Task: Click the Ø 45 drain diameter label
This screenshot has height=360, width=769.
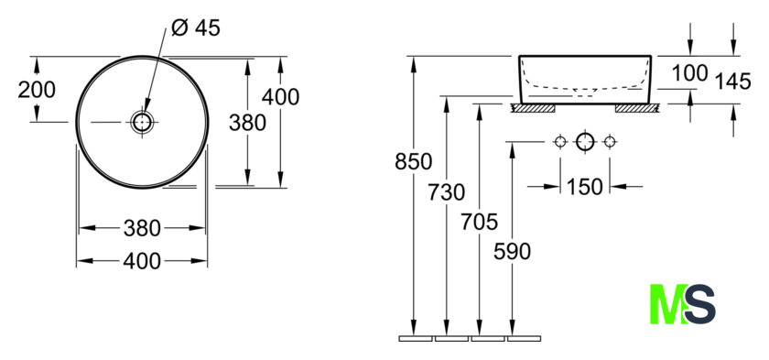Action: (x=196, y=28)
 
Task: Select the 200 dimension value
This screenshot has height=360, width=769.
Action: (x=37, y=90)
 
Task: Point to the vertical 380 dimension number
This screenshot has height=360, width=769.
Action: (x=248, y=123)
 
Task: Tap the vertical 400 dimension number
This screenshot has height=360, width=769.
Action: (x=280, y=96)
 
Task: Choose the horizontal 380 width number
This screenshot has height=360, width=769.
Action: (x=142, y=228)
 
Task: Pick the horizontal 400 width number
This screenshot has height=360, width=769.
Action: (x=142, y=261)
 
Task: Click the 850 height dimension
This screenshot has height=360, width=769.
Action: (x=414, y=161)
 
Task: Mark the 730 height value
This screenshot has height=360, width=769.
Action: (x=447, y=192)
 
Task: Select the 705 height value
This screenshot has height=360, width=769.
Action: (x=479, y=222)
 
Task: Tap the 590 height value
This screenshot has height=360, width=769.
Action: (x=512, y=252)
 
